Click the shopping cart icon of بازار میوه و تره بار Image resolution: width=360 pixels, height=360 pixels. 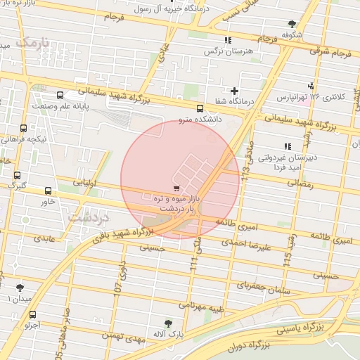point(176,188)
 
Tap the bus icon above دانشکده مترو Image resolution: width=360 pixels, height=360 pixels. point(200,108)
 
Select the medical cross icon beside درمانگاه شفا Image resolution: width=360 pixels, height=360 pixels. point(235,91)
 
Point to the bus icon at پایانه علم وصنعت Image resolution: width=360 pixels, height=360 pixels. point(60,95)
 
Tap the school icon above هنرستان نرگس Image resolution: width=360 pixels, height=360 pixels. point(227,41)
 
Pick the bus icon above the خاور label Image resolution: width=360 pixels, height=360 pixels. point(48,191)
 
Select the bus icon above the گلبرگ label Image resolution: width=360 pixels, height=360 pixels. point(17,176)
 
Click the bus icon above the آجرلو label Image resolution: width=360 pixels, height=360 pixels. point(32,315)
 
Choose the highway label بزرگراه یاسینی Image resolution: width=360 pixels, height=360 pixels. point(300,328)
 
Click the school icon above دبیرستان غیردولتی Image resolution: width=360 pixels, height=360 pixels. point(287,146)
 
